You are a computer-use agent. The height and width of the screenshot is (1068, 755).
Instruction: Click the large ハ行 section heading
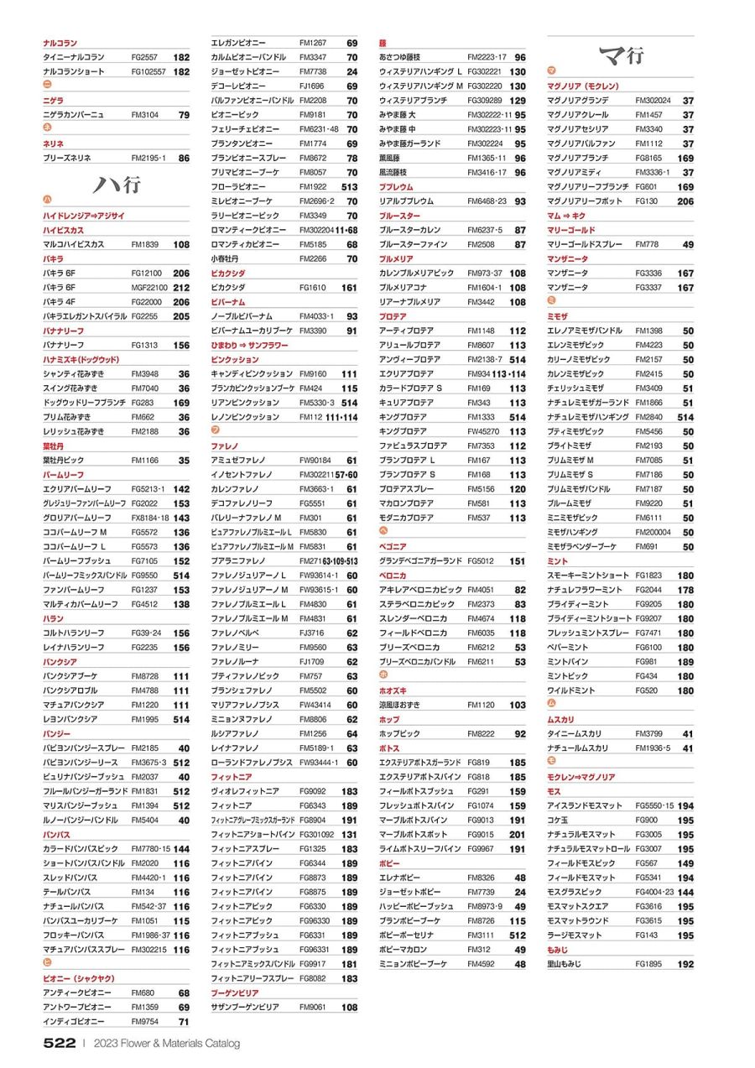click(116, 185)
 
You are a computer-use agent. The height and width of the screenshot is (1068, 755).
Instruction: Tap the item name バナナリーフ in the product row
click(65, 345)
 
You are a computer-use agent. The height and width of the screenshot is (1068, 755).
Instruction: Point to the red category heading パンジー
click(57, 733)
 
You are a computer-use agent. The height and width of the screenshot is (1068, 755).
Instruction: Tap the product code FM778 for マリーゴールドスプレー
click(646, 244)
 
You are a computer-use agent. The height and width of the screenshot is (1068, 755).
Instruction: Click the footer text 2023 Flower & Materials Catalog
click(167, 1044)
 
